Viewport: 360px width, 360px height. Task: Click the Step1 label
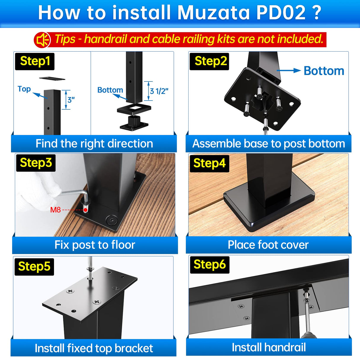point(35,61)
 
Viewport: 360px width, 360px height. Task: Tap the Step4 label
point(209,163)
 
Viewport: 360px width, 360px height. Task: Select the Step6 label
point(209,265)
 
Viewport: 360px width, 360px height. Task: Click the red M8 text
point(55,210)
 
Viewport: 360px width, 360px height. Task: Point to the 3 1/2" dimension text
point(159,91)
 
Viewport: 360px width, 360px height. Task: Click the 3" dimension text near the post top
point(71,100)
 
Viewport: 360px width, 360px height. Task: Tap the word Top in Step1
point(24,89)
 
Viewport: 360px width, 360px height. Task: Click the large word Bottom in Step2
point(324,71)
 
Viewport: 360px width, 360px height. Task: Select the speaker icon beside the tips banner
point(42,40)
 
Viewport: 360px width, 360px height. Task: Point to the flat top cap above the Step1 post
point(52,78)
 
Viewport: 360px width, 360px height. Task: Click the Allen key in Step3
point(74,194)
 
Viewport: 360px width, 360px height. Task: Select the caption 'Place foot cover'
point(268,245)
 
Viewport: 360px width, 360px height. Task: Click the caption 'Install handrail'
point(269,347)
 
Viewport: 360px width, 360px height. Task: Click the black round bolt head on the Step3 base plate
point(112,220)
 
